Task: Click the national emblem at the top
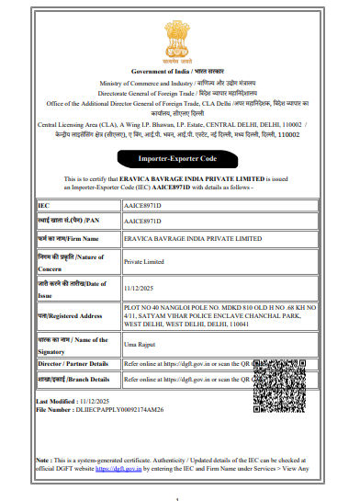click(180, 33)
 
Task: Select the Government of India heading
click(179, 70)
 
